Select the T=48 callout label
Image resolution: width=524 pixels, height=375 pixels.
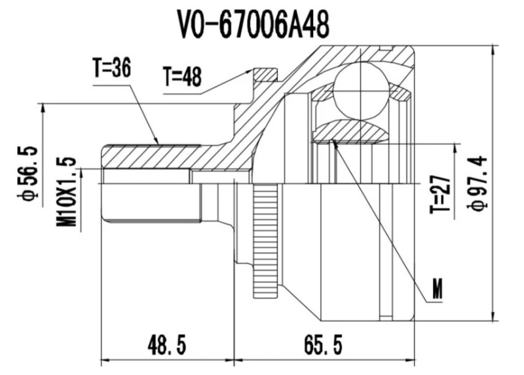(x=183, y=77)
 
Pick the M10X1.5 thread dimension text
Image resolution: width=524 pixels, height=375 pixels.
(x=67, y=192)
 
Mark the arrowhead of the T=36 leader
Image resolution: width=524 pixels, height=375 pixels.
(x=157, y=142)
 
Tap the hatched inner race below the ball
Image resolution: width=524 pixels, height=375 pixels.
(x=350, y=132)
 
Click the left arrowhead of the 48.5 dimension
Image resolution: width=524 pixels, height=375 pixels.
(x=103, y=359)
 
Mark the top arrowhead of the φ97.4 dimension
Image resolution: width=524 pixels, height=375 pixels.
(x=491, y=50)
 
